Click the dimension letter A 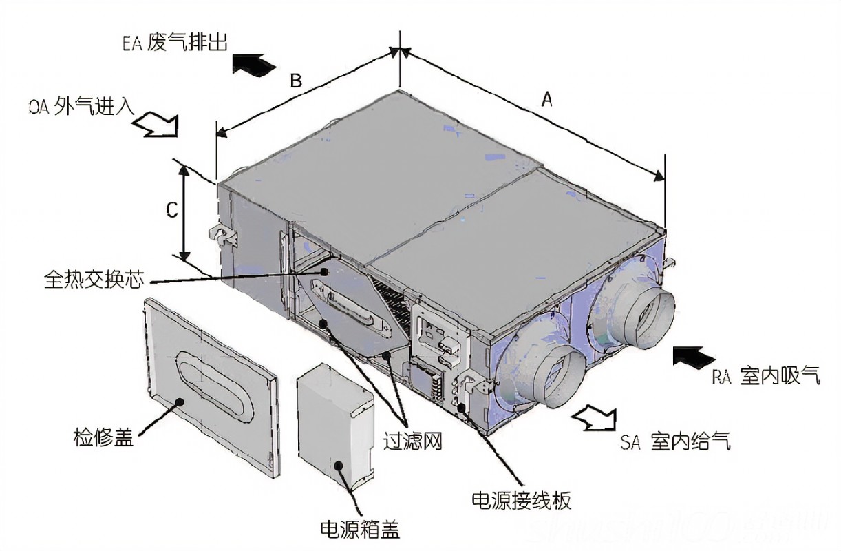pos(547,100)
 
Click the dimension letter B pos(295,81)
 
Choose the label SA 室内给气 pos(674,441)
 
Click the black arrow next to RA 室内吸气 pos(694,357)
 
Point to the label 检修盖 pos(103,437)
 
